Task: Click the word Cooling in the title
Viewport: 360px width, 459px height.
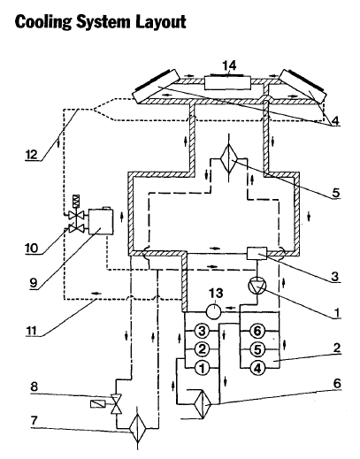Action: pos(43,22)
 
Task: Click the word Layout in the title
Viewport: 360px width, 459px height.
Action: pos(161,22)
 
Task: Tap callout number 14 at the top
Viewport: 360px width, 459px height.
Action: pos(229,65)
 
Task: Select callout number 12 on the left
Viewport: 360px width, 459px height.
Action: pos(31,154)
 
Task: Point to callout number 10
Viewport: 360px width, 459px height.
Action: pos(32,248)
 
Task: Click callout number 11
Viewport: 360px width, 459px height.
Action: pos(32,331)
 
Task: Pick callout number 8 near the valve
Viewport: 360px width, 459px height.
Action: pos(34,386)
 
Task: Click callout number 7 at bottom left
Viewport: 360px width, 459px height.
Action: pos(34,421)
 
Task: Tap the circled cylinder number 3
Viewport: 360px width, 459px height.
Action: pos(202,331)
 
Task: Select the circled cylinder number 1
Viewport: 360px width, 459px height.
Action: pos(202,368)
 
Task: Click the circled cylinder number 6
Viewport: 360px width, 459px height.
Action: pos(257,331)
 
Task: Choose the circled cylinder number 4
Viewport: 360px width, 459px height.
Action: pos(257,368)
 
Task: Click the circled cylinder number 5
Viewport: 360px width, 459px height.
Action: pos(257,349)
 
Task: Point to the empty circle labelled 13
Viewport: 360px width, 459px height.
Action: pos(213,311)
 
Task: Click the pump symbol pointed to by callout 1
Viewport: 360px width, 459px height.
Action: pos(257,286)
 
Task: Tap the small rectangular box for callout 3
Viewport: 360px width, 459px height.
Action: pos(257,253)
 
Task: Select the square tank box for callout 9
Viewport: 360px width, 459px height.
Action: pos(101,221)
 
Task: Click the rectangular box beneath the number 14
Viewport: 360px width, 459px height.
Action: pos(227,83)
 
